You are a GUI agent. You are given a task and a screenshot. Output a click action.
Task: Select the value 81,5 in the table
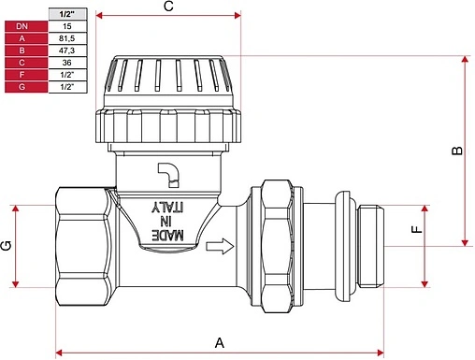[x=67, y=38]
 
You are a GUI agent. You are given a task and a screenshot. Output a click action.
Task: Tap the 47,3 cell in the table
[x=67, y=50]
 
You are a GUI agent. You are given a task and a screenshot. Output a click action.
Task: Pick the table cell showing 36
[x=67, y=63]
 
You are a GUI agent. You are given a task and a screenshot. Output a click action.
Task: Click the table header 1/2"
[x=67, y=14]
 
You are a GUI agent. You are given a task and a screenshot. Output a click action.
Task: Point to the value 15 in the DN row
[x=67, y=26]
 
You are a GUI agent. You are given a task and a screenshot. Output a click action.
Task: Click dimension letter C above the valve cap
[x=168, y=7]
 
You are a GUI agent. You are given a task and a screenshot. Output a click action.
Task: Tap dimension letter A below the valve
[x=220, y=343]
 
